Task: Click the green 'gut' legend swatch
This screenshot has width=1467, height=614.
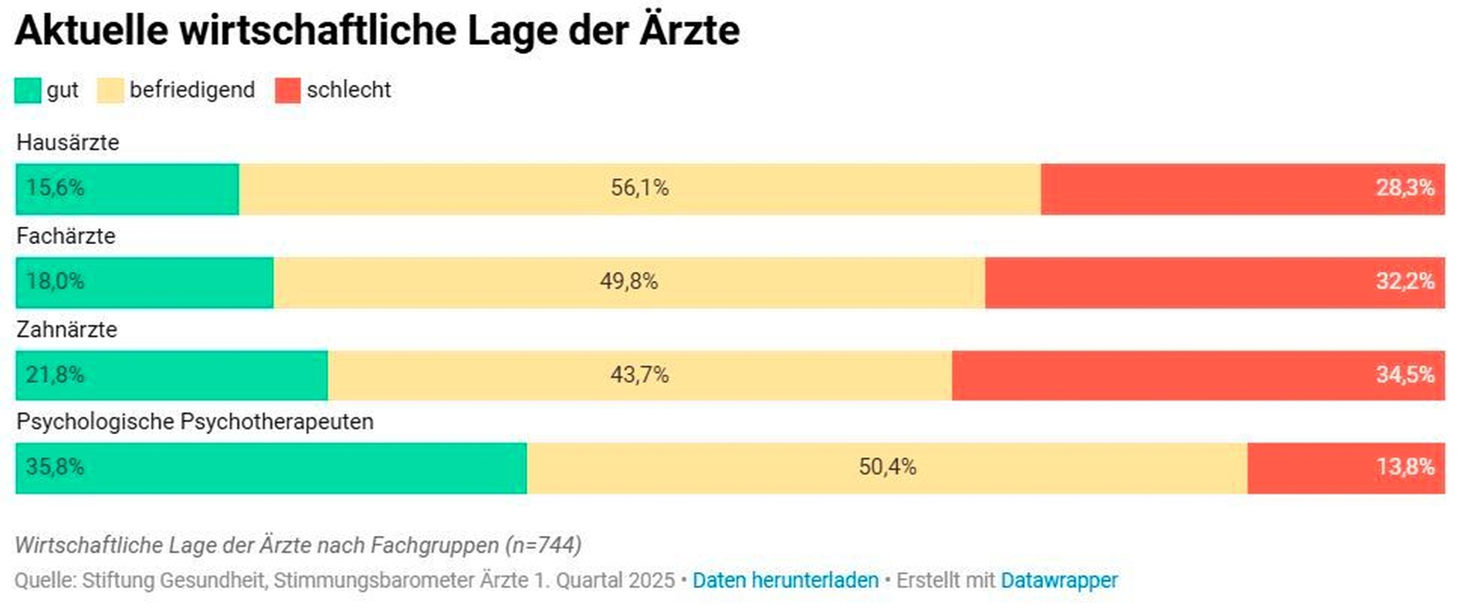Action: pyautogui.click(x=28, y=90)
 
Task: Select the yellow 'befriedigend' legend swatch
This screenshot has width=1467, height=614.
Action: pyautogui.click(x=110, y=90)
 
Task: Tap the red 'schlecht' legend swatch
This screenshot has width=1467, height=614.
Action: pyautogui.click(x=287, y=90)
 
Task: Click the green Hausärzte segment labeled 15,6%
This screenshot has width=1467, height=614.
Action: pyautogui.click(x=127, y=188)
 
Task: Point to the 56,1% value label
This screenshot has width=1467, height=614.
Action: pyautogui.click(x=639, y=188)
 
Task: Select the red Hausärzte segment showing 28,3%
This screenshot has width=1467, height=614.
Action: pyautogui.click(x=1242, y=188)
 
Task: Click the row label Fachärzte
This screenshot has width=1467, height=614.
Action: pyautogui.click(x=66, y=236)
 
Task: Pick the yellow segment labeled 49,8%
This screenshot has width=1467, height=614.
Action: pyautogui.click(x=628, y=281)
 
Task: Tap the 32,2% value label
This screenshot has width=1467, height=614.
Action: pyautogui.click(x=1404, y=281)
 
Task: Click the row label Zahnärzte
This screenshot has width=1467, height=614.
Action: pyautogui.click(x=66, y=329)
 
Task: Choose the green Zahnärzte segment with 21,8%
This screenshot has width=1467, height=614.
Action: pyautogui.click(x=171, y=375)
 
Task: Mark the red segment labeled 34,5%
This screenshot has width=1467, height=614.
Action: pyautogui.click(x=1198, y=375)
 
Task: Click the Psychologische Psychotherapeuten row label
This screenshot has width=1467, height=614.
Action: pyautogui.click(x=195, y=422)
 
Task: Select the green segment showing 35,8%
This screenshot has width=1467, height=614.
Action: pyautogui.click(x=271, y=468)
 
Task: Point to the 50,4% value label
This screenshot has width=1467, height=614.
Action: pyautogui.click(x=887, y=467)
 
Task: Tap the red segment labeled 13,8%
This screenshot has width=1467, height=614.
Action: pyautogui.click(x=1346, y=468)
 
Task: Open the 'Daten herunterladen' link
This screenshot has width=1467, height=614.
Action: pyautogui.click(x=785, y=580)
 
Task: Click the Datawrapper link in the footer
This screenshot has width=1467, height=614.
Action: pyautogui.click(x=1059, y=580)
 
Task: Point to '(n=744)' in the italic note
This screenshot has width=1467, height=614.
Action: pyautogui.click(x=543, y=545)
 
